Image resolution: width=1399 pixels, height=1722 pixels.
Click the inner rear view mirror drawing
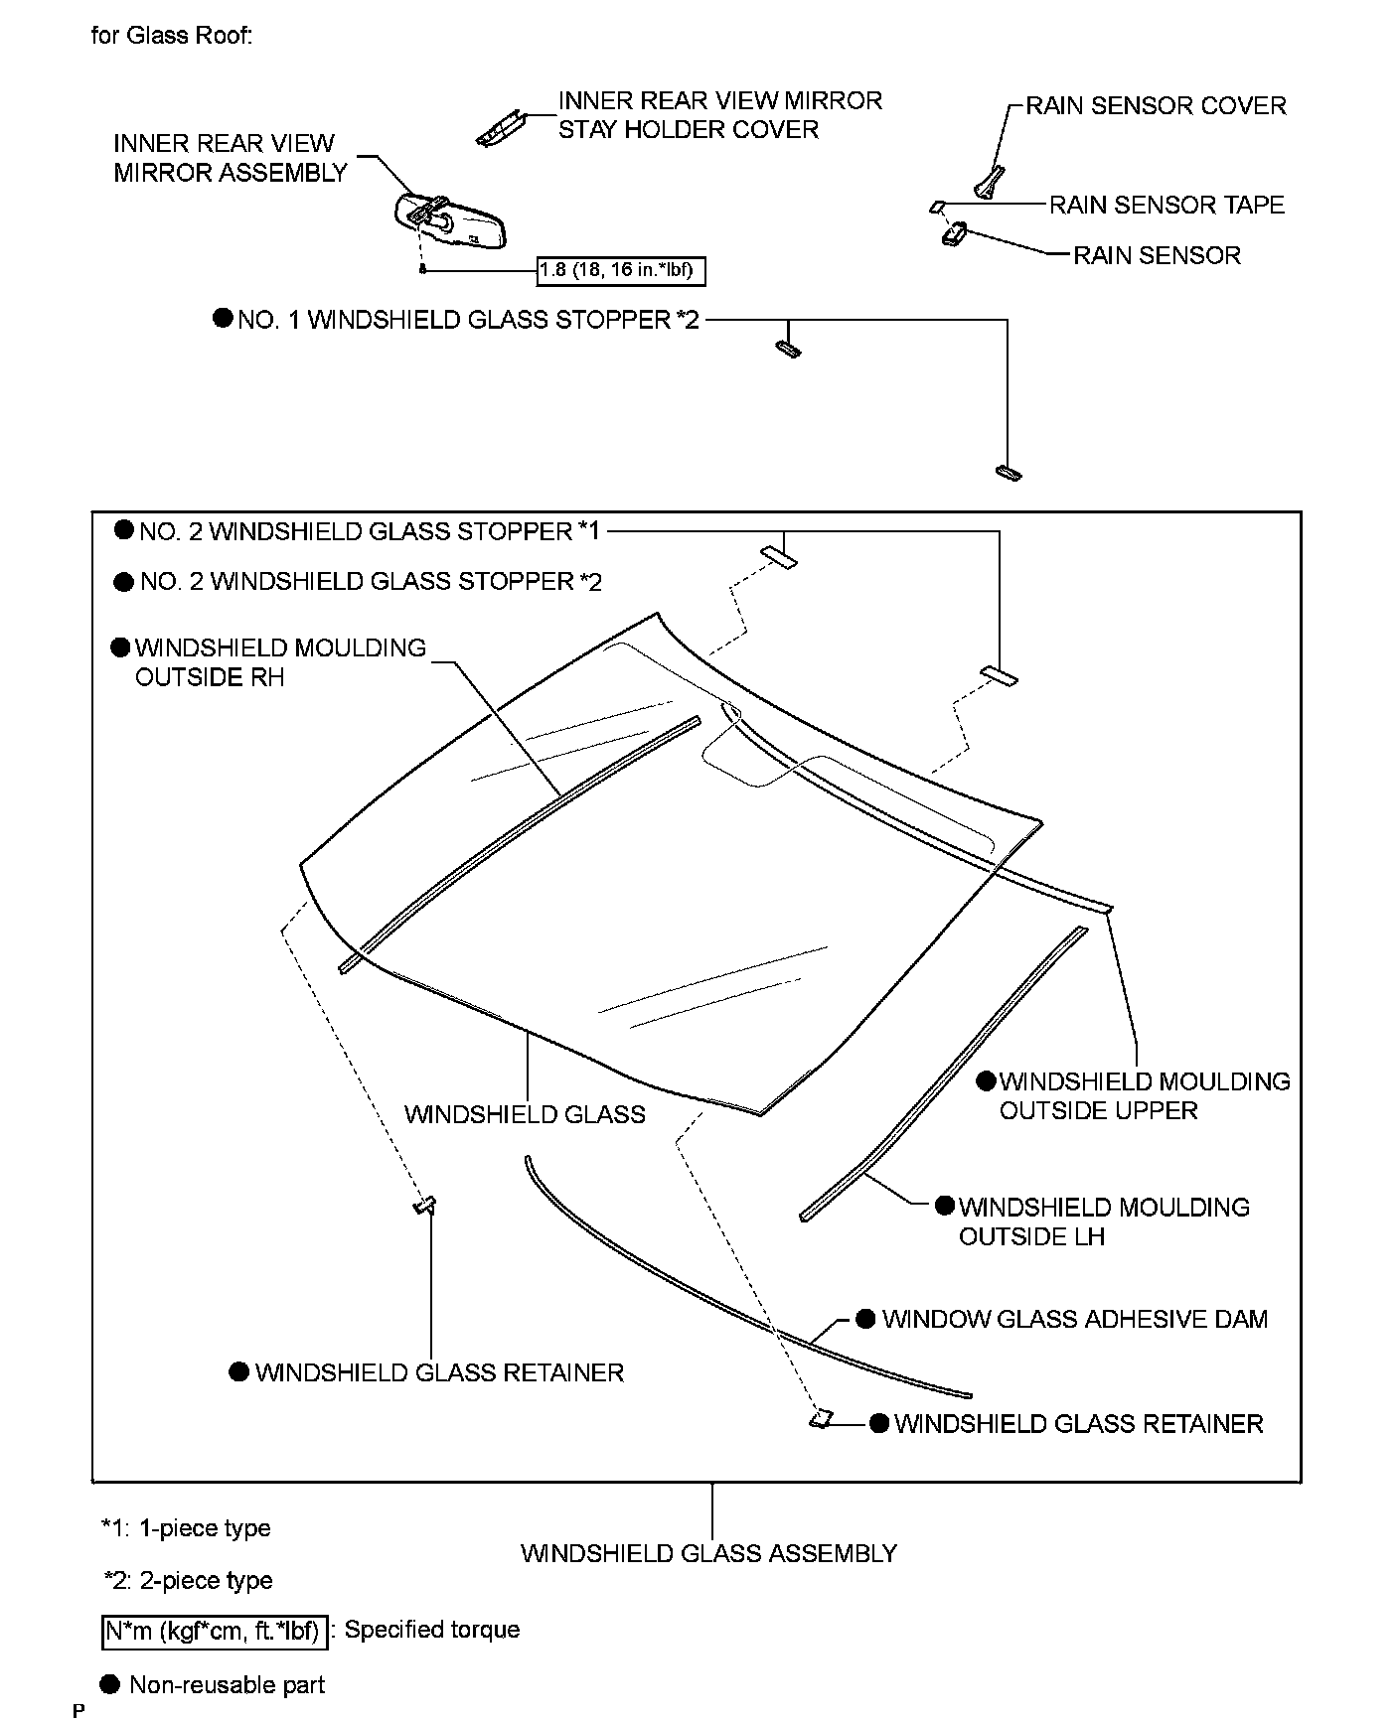click(452, 219)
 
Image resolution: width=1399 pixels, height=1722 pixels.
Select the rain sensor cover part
click(989, 183)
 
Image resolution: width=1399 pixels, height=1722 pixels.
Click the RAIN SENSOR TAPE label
click(1166, 205)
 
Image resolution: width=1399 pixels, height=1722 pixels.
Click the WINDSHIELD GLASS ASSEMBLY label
click(708, 1553)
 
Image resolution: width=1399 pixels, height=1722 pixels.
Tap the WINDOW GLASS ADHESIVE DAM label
click(1074, 1319)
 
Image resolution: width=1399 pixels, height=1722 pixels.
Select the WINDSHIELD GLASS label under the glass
click(525, 1114)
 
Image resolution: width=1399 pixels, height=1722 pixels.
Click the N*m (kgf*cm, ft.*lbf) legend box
click(214, 1630)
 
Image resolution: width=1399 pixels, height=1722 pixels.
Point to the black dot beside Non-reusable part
click(110, 1684)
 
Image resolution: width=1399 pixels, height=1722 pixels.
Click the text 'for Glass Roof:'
click(171, 36)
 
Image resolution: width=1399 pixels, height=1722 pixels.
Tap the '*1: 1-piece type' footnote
click(186, 1527)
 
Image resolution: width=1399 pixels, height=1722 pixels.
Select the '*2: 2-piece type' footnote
click(188, 1580)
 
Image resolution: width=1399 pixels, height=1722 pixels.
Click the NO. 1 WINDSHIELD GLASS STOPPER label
click(468, 320)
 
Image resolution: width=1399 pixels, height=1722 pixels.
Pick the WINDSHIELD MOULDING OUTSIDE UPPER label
click(1144, 1095)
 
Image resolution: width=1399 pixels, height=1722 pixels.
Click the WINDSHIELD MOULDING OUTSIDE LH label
click(1103, 1221)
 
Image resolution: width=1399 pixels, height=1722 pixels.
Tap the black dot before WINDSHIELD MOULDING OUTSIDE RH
click(120, 647)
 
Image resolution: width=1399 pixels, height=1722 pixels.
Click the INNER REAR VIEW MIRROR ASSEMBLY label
click(230, 158)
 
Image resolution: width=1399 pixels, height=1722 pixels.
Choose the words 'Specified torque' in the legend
click(431, 1630)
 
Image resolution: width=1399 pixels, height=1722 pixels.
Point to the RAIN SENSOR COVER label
click(1156, 105)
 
